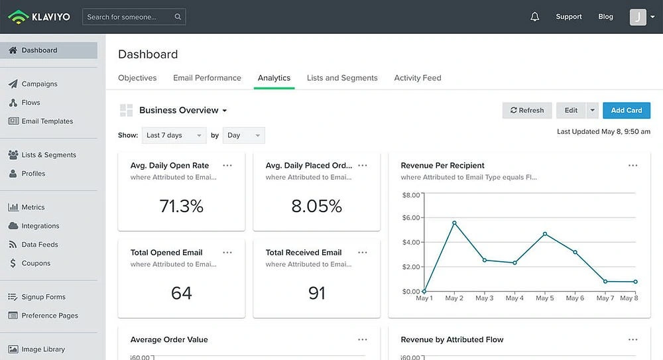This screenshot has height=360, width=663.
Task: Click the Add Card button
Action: coord(627,111)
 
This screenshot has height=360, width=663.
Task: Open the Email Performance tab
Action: coord(207,78)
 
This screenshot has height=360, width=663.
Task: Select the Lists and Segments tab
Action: coord(342,78)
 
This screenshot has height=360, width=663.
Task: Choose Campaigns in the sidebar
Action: coord(39,84)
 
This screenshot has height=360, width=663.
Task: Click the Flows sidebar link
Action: coord(30,103)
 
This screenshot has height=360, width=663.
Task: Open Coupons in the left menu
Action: coord(36,263)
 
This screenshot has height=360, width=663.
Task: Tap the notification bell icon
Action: coord(535,17)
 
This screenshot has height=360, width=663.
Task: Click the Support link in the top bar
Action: coord(569,17)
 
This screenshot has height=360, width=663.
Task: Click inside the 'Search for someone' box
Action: coord(129,17)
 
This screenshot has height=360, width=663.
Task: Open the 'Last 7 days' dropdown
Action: coord(174,135)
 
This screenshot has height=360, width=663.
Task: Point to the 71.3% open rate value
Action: coord(181,206)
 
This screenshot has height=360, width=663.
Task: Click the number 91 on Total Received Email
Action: coord(317,293)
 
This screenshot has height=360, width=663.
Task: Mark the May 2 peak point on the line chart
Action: coord(454,223)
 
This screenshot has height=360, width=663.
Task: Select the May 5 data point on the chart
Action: coord(545,234)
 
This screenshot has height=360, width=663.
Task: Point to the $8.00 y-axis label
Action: coord(411,195)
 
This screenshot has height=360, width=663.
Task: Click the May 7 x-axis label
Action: coord(605,298)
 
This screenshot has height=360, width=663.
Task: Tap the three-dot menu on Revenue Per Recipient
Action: coord(633,166)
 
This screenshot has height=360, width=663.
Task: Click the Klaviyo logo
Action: coord(40,17)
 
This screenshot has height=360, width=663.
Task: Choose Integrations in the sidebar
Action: coord(40,226)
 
